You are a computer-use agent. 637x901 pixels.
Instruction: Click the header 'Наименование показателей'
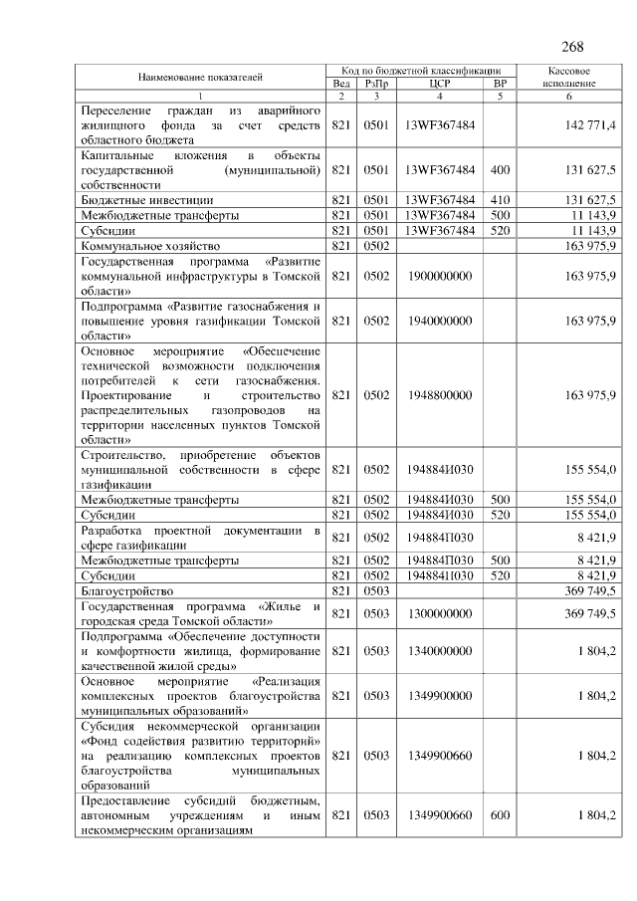point(200,77)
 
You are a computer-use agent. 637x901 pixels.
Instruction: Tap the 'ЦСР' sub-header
point(439,84)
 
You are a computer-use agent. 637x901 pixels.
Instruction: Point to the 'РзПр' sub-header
point(376,84)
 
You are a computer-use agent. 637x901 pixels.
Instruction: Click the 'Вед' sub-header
point(341,84)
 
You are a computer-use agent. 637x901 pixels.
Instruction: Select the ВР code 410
point(500,199)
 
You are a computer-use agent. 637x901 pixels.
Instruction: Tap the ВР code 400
point(500,169)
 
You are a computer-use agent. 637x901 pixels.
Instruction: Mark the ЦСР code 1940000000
point(439,321)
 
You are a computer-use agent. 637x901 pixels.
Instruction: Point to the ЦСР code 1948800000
point(439,395)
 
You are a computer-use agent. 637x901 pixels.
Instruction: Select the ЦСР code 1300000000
point(439,614)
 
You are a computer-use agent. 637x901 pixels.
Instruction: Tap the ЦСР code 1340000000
point(439,650)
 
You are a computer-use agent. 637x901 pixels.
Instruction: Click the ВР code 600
point(500,815)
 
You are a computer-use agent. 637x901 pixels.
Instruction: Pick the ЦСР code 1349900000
point(439,696)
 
